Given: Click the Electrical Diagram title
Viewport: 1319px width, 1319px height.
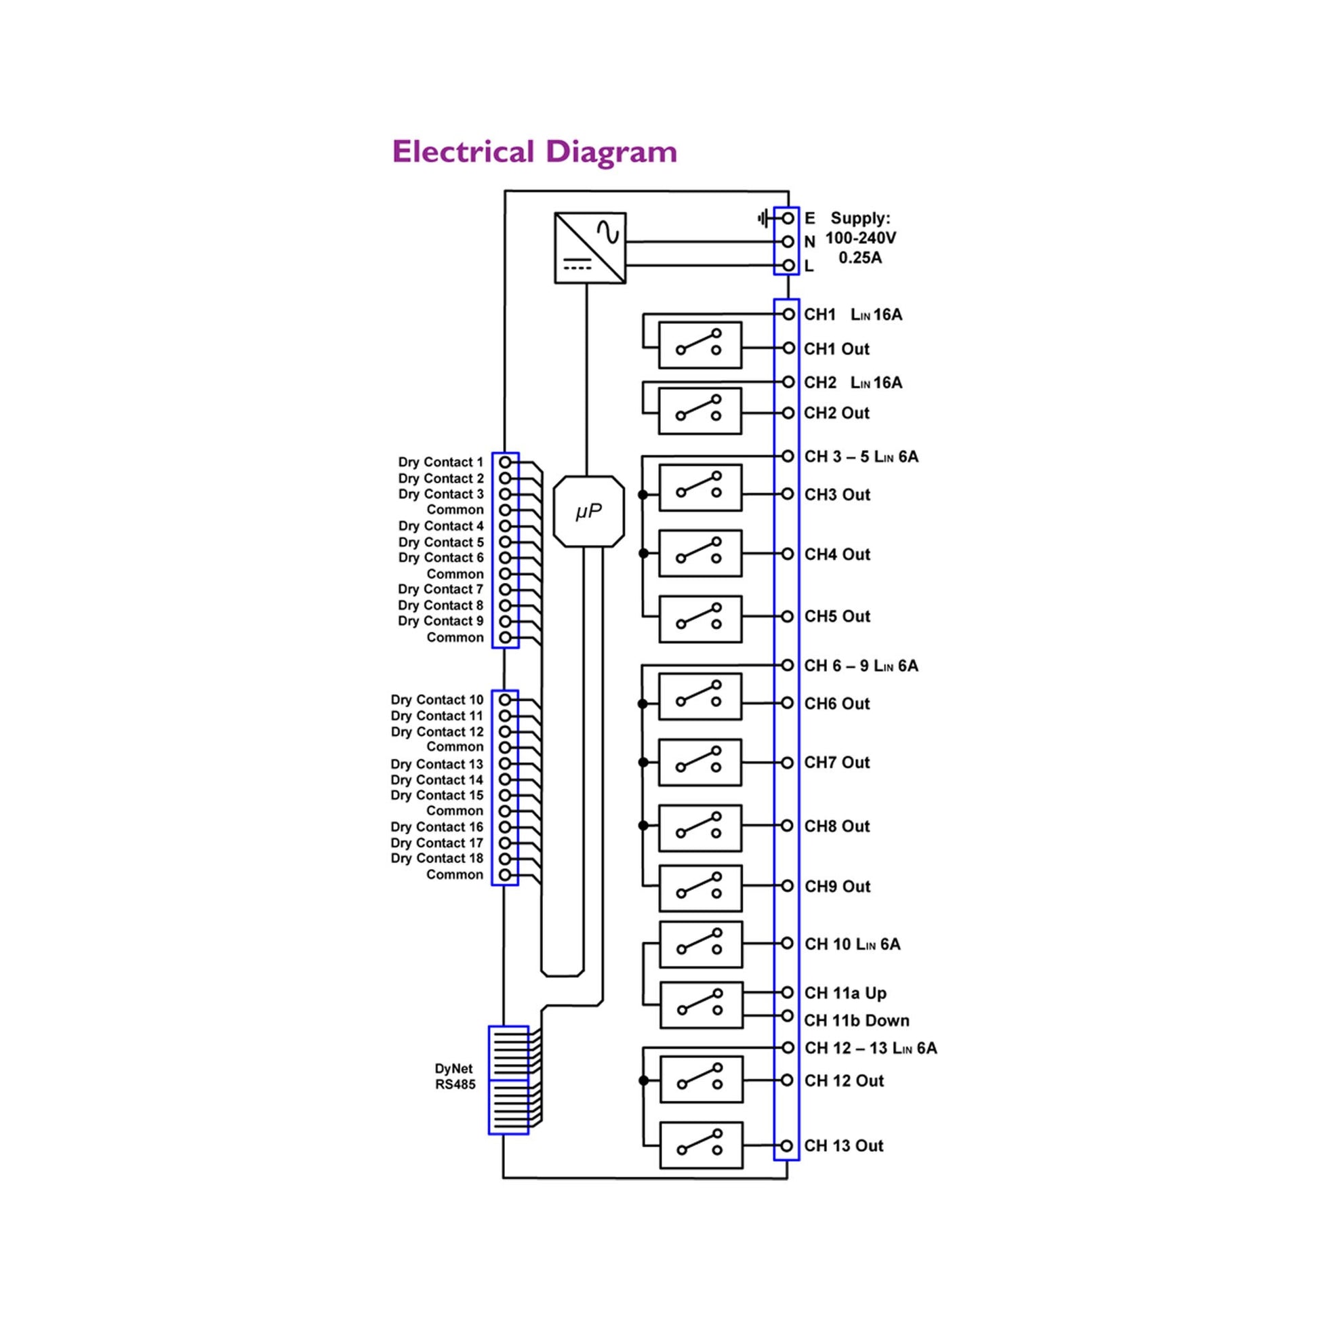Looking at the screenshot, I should (534, 152).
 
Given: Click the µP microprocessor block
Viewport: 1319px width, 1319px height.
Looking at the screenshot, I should (588, 511).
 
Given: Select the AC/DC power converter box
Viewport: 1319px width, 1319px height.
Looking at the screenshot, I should (590, 248).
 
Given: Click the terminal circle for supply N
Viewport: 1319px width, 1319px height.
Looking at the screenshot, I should (788, 242).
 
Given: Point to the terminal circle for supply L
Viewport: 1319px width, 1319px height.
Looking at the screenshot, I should (788, 266).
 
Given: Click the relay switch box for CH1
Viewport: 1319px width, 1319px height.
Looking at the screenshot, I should (699, 346).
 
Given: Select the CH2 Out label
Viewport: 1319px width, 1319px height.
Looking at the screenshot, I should (836, 413).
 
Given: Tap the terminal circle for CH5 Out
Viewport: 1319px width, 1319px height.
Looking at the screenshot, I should (787, 617).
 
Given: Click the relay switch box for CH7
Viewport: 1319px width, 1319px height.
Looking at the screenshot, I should (699, 763).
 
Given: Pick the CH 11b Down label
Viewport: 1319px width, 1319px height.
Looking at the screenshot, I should (856, 1021).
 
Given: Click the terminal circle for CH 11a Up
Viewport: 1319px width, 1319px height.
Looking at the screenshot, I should (787, 993).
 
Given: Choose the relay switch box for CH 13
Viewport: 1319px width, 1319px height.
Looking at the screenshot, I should (701, 1145).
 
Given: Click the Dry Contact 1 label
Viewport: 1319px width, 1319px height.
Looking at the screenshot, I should (441, 462).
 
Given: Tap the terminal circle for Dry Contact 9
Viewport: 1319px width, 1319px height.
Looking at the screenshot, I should (505, 622).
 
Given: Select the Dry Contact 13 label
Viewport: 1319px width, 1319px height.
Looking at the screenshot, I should (437, 764).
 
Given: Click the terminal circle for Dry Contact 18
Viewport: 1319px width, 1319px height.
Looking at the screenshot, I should (505, 859).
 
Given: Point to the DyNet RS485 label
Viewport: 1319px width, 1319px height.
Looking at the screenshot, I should (455, 1076).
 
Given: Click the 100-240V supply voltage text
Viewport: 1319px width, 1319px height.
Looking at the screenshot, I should (860, 239).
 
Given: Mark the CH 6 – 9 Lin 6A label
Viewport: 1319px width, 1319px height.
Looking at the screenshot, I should (861, 666).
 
